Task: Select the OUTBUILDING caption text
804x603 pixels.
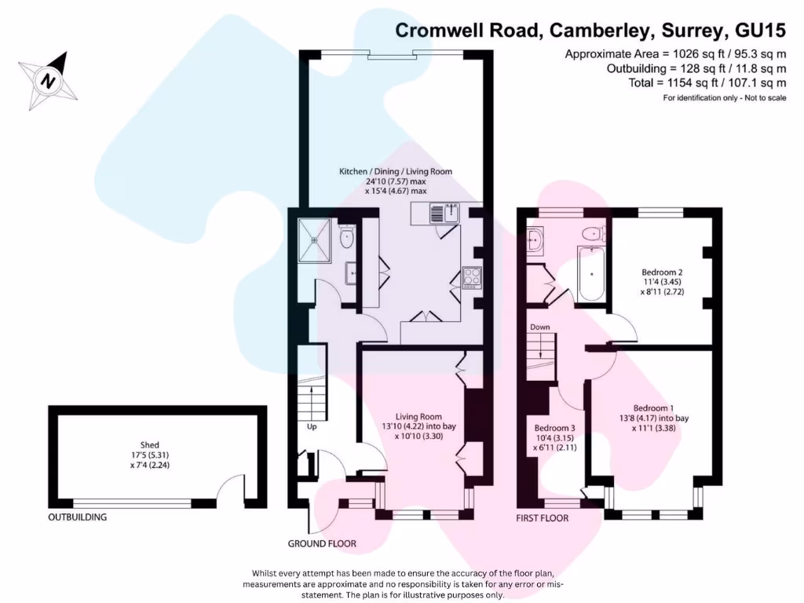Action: pyautogui.click(x=78, y=517)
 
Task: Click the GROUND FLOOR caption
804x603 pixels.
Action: pyautogui.click(x=322, y=543)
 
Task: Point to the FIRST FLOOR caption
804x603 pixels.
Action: pyautogui.click(x=542, y=518)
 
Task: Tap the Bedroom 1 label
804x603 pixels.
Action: pyautogui.click(x=653, y=408)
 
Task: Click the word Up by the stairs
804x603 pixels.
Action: pyautogui.click(x=312, y=427)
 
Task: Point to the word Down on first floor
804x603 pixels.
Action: pyautogui.click(x=539, y=327)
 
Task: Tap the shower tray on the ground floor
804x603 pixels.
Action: pyautogui.click(x=315, y=235)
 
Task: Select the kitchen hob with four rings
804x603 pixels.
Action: pyautogui.click(x=472, y=276)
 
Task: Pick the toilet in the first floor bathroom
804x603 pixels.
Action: pyautogui.click(x=593, y=233)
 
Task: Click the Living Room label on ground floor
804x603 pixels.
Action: pyautogui.click(x=418, y=416)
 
